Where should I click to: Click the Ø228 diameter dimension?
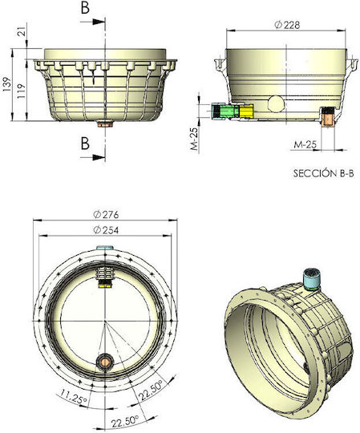[x=287, y=25]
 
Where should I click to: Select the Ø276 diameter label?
[x=106, y=214]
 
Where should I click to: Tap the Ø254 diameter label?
[x=106, y=230]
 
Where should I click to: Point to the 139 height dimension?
[x=6, y=84]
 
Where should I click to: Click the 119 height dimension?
[x=21, y=91]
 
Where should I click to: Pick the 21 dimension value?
[x=22, y=30]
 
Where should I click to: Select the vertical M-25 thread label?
[x=195, y=139]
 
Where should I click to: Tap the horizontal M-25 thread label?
[x=304, y=144]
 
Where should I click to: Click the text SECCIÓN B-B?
[x=323, y=173]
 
